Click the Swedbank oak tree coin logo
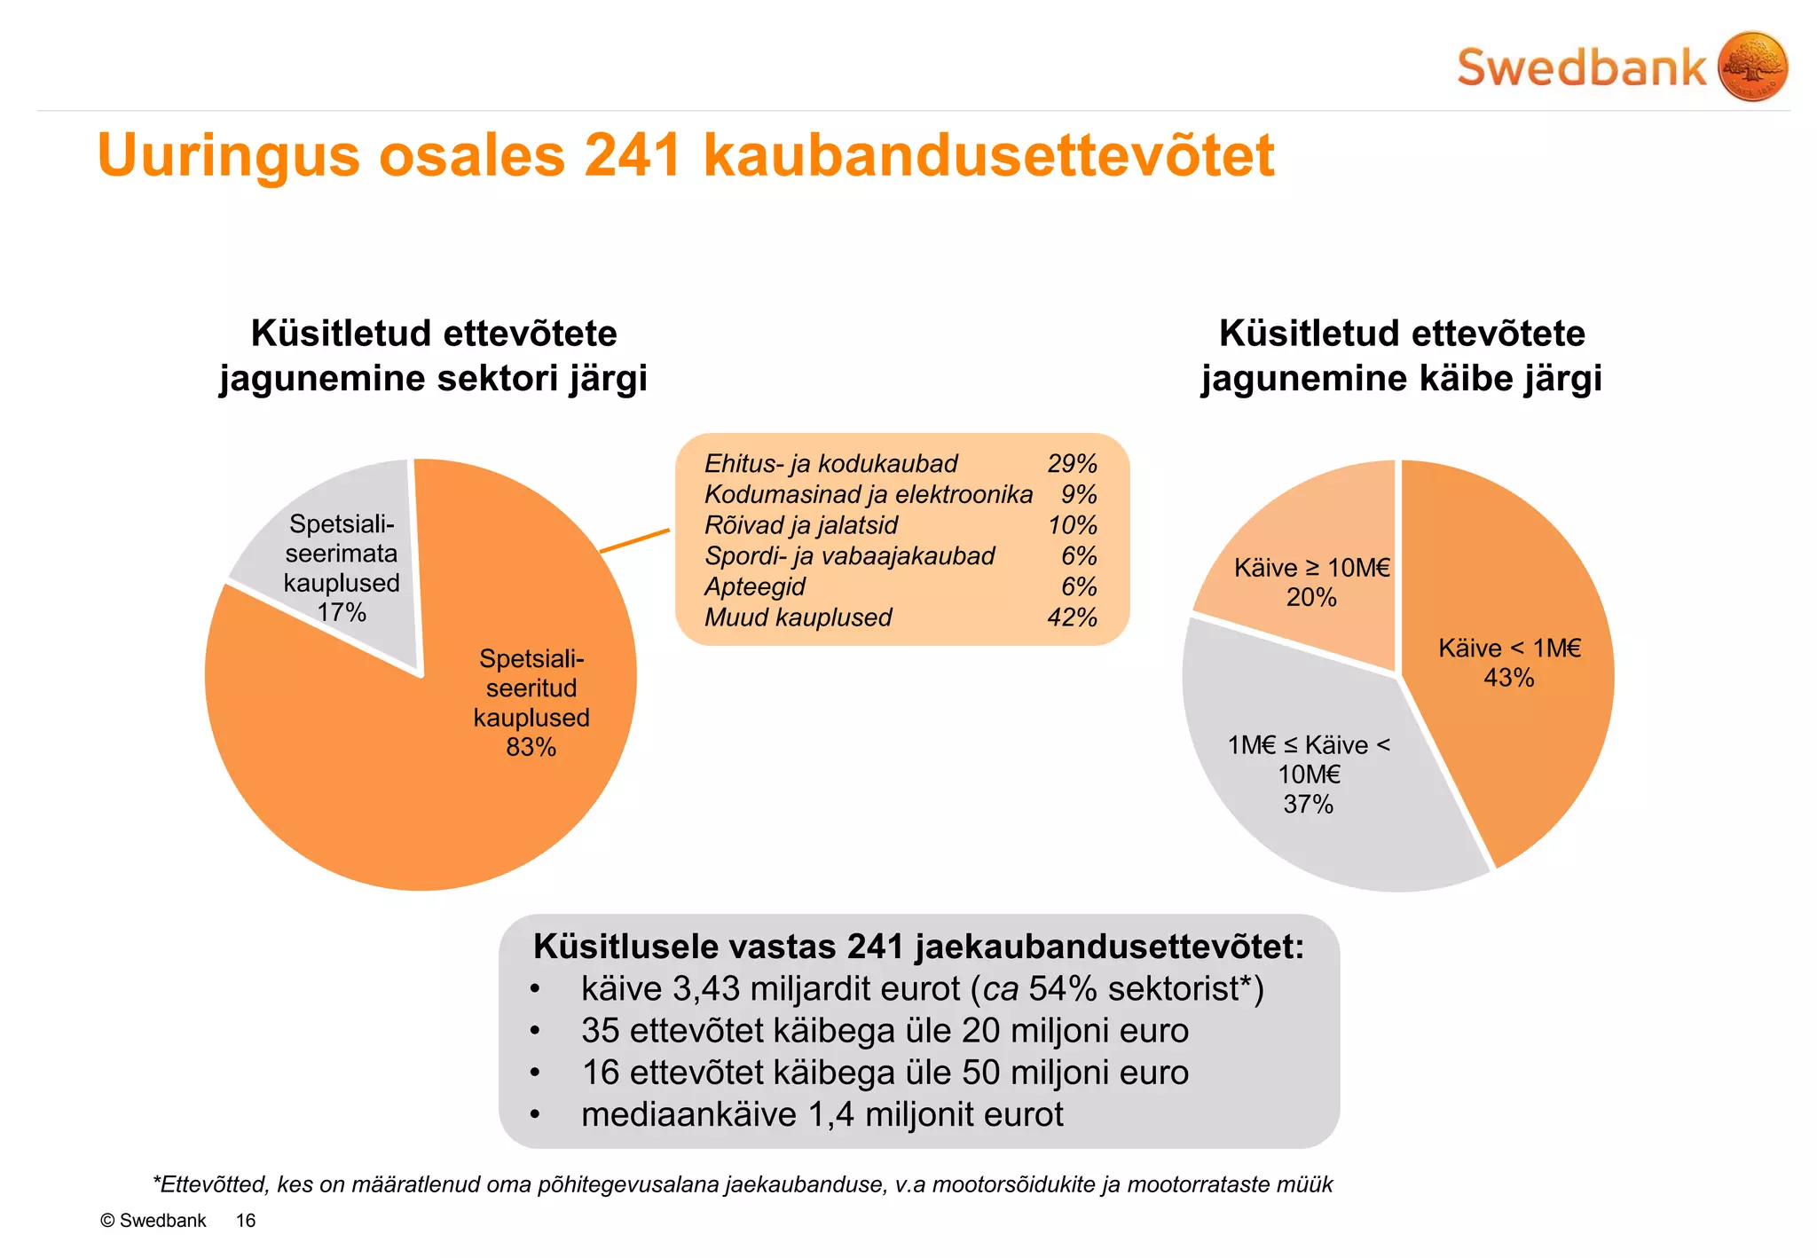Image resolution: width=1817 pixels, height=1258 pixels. [1752, 67]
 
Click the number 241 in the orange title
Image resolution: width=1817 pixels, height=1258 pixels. [632, 156]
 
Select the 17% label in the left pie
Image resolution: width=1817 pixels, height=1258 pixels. [342, 612]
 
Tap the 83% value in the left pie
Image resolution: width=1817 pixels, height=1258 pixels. [531, 747]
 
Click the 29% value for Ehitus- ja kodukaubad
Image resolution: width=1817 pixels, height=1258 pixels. [1072, 464]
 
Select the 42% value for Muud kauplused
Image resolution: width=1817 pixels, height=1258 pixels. [1072, 617]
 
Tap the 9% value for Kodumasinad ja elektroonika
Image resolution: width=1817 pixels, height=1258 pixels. [1079, 494]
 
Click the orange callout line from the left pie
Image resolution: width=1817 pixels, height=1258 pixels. [635, 541]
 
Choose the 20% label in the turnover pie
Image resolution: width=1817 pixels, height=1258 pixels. [1311, 597]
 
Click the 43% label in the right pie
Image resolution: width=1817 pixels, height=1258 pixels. [1508, 678]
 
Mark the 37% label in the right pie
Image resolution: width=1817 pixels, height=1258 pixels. [1308, 804]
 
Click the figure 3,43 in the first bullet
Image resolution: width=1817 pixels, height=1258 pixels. [705, 989]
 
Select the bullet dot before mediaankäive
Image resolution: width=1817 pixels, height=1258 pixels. [534, 1115]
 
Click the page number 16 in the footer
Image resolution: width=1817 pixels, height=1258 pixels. [245, 1221]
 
